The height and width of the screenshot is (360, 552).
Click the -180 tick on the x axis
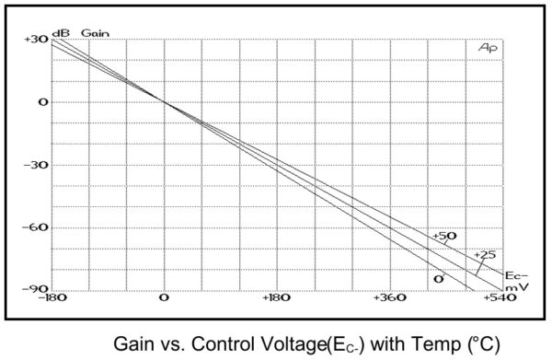coord(52,298)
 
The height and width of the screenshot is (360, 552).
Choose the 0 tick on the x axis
coord(164,298)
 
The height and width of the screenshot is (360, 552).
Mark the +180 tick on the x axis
coord(277,298)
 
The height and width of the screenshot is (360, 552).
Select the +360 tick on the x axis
coord(390,298)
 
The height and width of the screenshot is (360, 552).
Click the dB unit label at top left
coord(61,32)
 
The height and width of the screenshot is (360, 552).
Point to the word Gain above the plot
coord(96,32)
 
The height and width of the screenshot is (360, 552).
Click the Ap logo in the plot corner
coord(488,48)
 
